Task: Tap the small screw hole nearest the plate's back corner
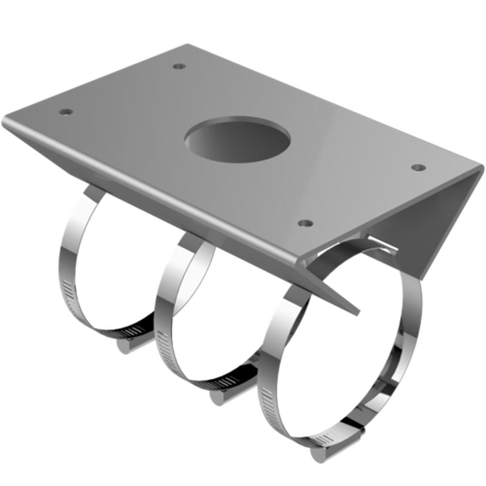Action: pyautogui.click(x=178, y=66)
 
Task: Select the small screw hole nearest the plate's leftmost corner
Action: pyautogui.click(x=66, y=112)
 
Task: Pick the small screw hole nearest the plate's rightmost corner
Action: pyautogui.click(x=417, y=167)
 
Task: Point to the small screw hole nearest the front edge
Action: pyautogui.click(x=306, y=223)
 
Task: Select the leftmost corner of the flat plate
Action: pyautogui.click(x=6, y=118)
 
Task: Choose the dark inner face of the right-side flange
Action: pyautogui.click(x=425, y=225)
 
